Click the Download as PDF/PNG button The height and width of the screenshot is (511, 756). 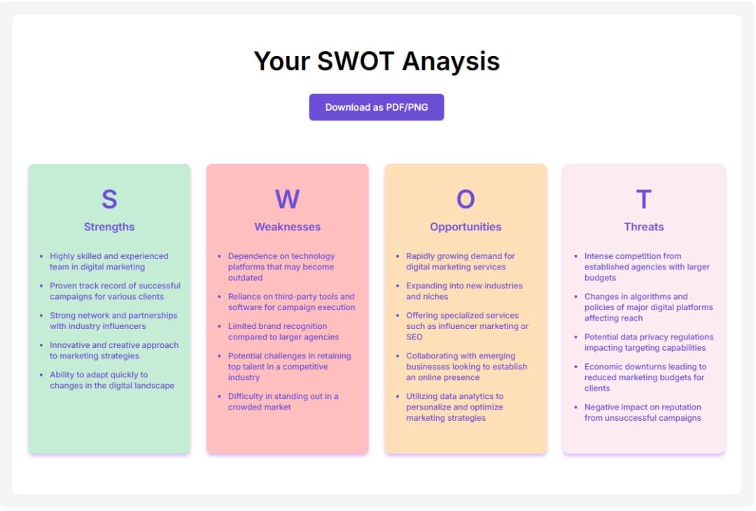tap(377, 107)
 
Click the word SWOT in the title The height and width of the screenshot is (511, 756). tap(356, 61)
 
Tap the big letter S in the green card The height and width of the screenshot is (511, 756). tap(109, 199)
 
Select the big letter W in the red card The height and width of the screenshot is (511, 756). tap(288, 199)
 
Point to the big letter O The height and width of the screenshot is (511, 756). tap(465, 199)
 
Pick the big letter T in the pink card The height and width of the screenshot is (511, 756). tap(644, 199)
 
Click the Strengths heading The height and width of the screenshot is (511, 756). tap(109, 227)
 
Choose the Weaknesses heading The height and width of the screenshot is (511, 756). tap(288, 227)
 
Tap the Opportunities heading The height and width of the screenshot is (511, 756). tap(465, 227)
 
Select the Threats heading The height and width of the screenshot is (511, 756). tap(644, 227)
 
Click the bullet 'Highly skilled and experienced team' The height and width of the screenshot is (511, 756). tap(109, 261)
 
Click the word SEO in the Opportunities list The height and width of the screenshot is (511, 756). tap(414, 337)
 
